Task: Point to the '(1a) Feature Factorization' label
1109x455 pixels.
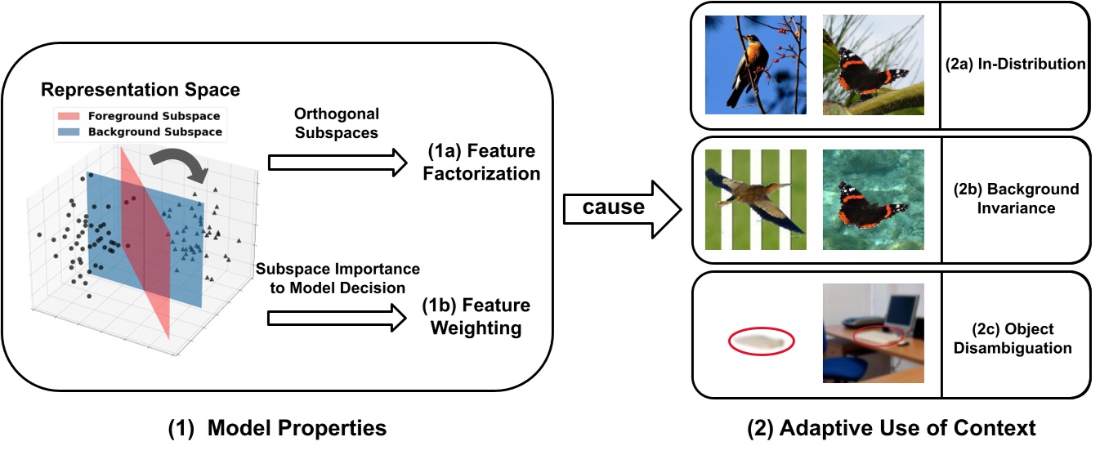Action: click(481, 163)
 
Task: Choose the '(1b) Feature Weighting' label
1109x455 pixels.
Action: click(476, 317)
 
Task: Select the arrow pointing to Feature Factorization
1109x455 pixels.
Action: click(334, 163)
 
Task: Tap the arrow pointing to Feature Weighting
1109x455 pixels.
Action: click(334, 318)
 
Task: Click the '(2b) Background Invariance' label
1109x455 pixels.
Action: click(1016, 199)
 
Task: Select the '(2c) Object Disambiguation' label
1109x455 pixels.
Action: click(1016, 338)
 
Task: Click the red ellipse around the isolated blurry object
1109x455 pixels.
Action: click(760, 339)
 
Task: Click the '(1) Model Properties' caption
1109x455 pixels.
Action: click(277, 427)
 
